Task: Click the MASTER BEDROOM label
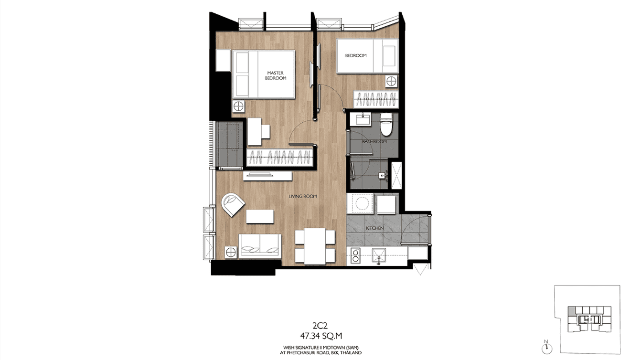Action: tap(276, 75)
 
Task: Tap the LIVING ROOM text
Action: tap(302, 196)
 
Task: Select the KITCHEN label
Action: tap(374, 229)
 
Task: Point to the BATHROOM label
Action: tap(374, 142)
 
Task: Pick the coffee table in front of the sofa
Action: tap(260, 217)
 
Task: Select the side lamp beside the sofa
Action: tap(231, 252)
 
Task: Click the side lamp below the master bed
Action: tap(238, 105)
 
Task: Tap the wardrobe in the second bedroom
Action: tap(375, 99)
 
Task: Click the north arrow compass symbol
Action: tap(545, 345)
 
